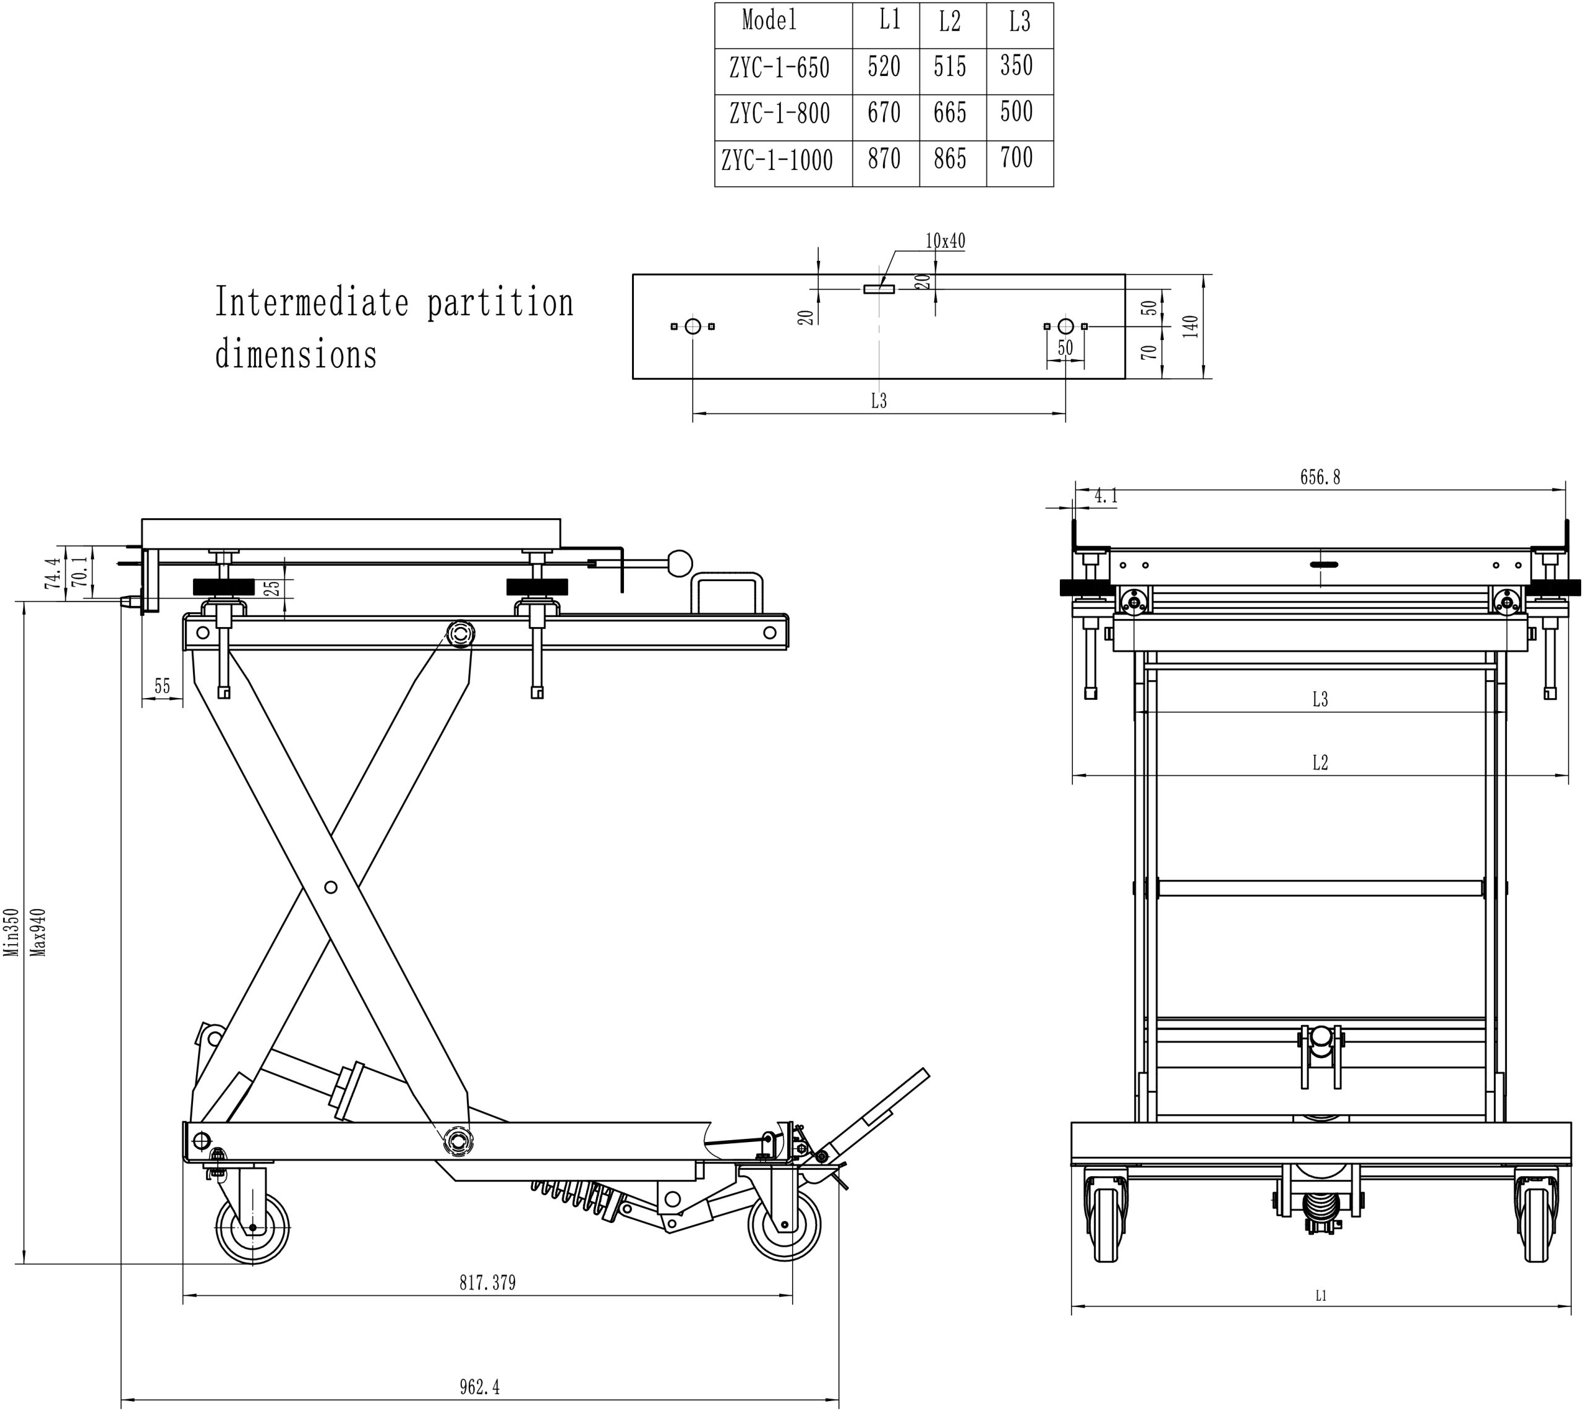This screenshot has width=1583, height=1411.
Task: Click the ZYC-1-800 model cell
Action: coord(779,114)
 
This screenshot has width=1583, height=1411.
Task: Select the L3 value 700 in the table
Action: coord(1017,158)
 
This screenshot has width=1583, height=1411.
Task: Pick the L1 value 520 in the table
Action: coord(884,67)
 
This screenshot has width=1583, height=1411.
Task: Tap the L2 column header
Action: coord(950,22)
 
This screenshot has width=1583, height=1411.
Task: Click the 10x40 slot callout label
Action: coord(945,241)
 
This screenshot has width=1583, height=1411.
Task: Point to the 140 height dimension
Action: coord(1192,326)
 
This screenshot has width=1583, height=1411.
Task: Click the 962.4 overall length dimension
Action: coord(479,1386)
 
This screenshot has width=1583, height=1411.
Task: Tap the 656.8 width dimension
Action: coord(1320,477)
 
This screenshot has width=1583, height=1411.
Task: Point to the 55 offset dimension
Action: coord(162,686)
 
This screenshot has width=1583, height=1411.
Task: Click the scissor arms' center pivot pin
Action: coord(331,887)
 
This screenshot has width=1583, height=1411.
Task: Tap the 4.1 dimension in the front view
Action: coord(1106,496)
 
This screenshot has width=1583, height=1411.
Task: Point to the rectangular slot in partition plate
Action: coord(879,289)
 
